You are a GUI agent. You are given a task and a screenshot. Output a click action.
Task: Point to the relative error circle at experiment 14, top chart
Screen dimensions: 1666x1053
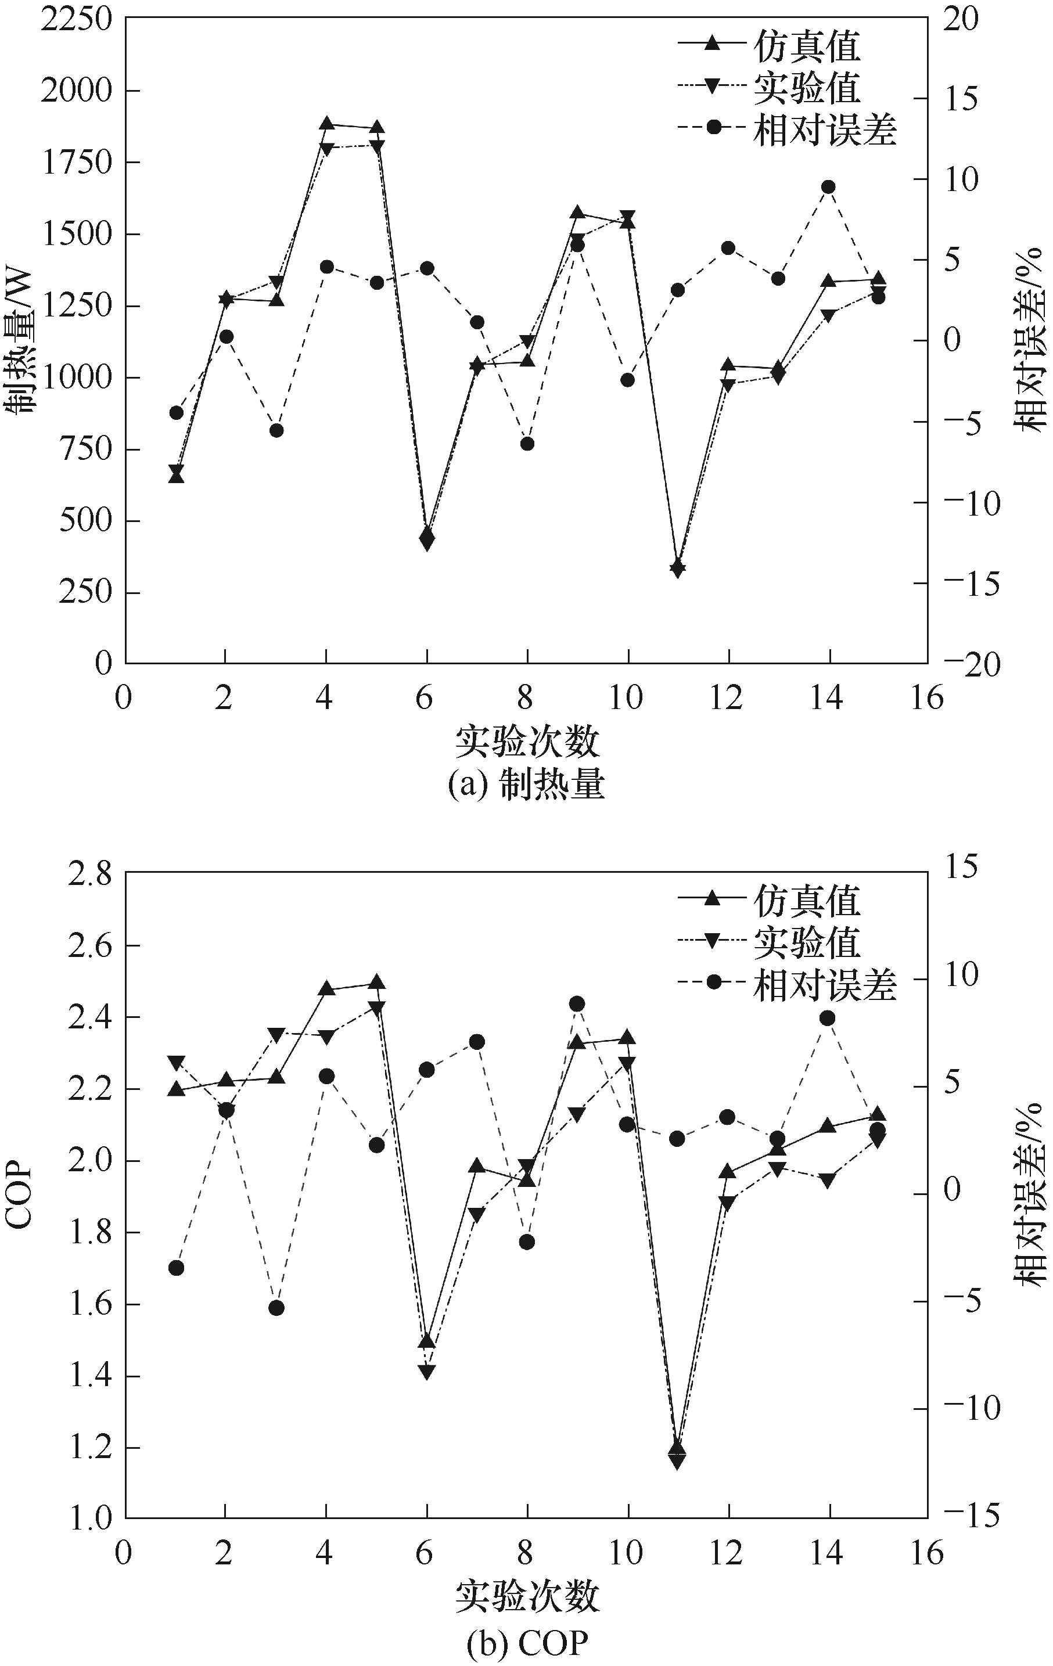tap(828, 187)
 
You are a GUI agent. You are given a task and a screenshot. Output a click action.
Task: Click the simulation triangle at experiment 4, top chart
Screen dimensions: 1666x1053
tap(326, 124)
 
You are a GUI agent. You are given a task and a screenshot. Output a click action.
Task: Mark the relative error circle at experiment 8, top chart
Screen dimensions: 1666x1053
tap(527, 444)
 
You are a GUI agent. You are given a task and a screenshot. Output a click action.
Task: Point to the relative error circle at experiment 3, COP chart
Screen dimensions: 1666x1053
tap(276, 1308)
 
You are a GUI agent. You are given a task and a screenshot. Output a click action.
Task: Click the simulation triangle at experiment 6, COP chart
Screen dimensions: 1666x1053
tap(427, 1341)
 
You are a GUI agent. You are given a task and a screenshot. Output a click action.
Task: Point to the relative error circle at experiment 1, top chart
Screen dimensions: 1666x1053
tap(176, 412)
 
